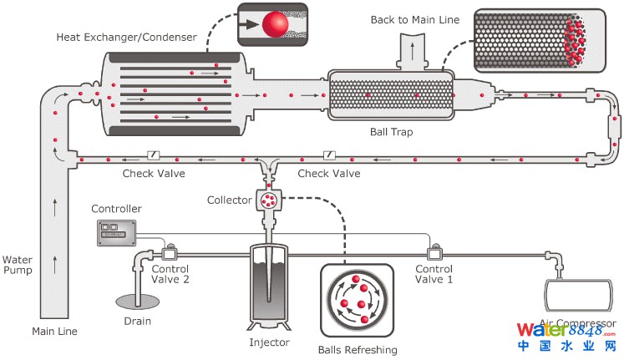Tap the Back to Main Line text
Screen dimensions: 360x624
click(415, 19)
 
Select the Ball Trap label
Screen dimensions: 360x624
click(391, 131)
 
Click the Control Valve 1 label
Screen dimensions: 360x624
click(434, 275)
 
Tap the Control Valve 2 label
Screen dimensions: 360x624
click(170, 275)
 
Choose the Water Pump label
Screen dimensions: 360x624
click(18, 266)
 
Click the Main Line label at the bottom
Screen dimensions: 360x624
click(55, 331)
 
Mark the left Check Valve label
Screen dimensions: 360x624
click(154, 174)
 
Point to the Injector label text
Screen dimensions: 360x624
click(269, 342)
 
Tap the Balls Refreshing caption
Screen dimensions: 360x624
click(358, 349)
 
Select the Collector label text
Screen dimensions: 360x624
click(230, 200)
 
